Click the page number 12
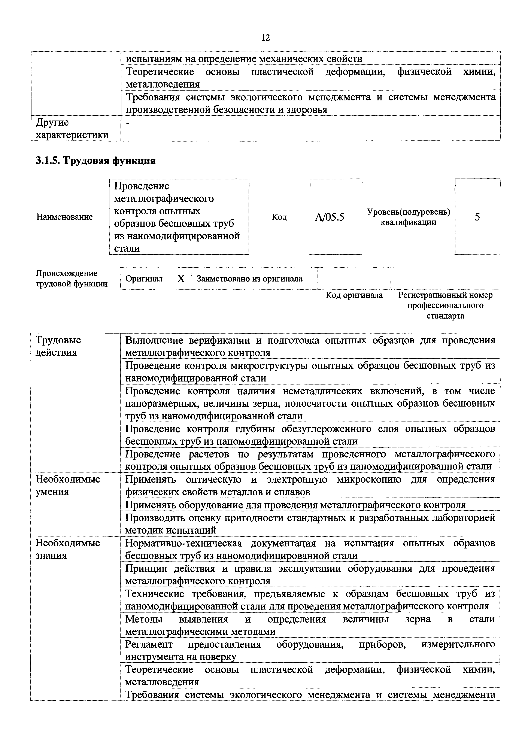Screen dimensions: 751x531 pos(265,38)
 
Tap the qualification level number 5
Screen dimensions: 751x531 pos(477,217)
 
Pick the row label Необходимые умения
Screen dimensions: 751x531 pos(67,485)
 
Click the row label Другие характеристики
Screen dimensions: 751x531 pos(72,128)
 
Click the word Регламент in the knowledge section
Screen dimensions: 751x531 pos(149,644)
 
